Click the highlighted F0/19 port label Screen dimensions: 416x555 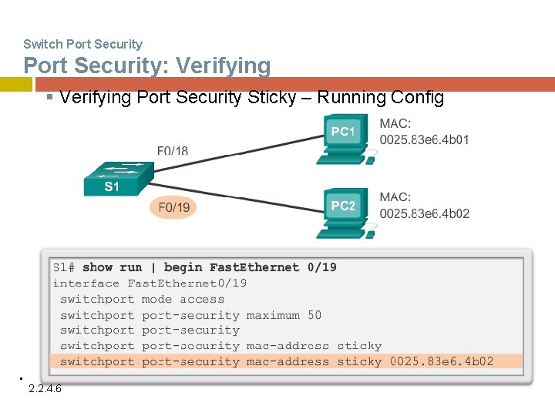(x=173, y=207)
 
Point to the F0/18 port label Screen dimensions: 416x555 (x=173, y=149)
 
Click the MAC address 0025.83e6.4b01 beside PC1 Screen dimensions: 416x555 (x=424, y=139)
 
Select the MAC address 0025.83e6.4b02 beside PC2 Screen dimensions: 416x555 (x=424, y=213)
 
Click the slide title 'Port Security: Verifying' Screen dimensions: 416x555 (x=147, y=65)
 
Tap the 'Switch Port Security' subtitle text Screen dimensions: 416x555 (x=82, y=44)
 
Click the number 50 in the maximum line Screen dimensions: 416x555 (x=314, y=315)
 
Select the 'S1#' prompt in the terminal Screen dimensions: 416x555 (x=64, y=267)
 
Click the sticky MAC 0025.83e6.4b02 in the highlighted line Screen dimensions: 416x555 (x=442, y=361)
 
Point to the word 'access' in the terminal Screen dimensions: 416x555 (x=202, y=300)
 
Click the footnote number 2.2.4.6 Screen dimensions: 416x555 (x=45, y=388)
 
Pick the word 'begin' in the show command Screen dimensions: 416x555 (x=183, y=267)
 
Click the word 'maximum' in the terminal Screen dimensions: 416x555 (x=273, y=315)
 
